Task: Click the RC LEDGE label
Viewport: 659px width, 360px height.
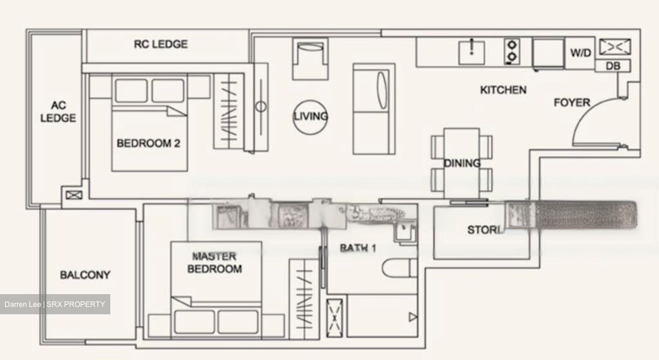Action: point(161,44)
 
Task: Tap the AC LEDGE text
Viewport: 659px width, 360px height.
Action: point(58,112)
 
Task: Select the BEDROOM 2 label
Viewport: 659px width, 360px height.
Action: point(148,143)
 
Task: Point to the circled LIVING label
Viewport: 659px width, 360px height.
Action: point(311,116)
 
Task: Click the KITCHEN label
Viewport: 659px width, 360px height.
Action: point(503,90)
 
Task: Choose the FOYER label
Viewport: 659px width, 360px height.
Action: point(572,102)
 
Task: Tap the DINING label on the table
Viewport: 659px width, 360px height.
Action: point(462,163)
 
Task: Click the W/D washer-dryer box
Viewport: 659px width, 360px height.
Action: point(580,53)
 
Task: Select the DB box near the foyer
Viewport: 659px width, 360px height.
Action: point(613,66)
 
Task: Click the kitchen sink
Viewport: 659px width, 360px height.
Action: point(471,52)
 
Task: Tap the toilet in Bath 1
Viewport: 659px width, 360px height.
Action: point(400,268)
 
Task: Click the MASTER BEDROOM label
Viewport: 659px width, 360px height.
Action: point(214,263)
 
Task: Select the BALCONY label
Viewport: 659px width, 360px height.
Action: point(85,275)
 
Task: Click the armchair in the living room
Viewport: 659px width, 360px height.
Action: point(310,58)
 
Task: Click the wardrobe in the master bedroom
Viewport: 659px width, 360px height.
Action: point(303,299)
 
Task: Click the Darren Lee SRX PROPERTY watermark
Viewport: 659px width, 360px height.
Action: point(55,304)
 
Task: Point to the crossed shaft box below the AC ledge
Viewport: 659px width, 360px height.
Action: point(73,195)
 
